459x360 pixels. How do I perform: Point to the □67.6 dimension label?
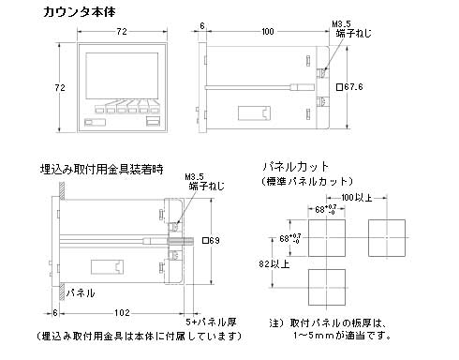coord(349,88)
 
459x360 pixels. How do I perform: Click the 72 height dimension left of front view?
coord(61,87)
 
